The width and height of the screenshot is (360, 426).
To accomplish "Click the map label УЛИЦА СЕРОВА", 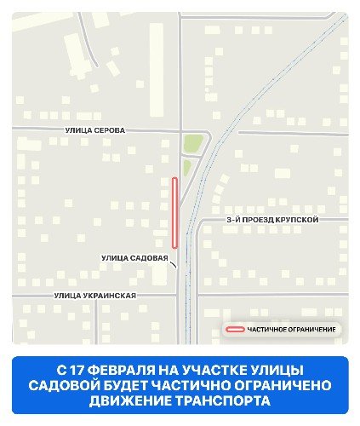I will tap(94, 130).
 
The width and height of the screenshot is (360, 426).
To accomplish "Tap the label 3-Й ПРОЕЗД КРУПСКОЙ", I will tap(272, 220).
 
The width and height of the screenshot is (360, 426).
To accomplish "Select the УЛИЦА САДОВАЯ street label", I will tap(134, 257).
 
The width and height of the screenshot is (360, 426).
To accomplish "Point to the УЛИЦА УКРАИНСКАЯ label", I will tap(94, 295).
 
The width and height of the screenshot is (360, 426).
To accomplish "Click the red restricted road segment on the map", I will tap(174, 209).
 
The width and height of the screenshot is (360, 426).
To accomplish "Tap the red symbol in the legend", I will tap(234, 329).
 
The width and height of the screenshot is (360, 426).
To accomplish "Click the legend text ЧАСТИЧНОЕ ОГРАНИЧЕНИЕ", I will tap(291, 329).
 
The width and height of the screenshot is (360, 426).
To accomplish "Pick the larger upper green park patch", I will tap(193, 144).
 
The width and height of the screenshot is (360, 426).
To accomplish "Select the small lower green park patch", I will tap(187, 167).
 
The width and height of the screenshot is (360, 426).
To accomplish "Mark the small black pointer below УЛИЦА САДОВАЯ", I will tap(174, 266).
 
